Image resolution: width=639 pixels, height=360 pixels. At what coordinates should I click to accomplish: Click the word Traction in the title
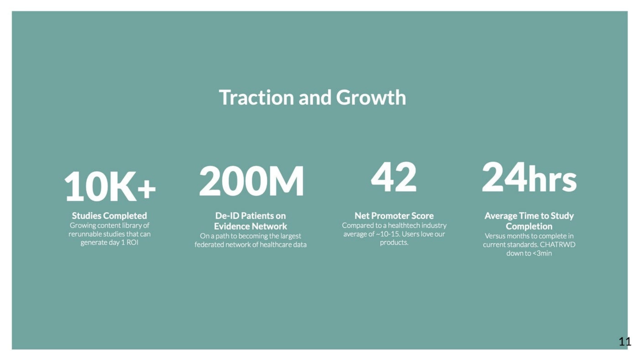coord(256,97)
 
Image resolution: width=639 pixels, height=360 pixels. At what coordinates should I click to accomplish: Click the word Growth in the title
coord(371,97)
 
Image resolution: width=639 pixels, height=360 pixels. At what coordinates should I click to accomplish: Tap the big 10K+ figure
coord(110,187)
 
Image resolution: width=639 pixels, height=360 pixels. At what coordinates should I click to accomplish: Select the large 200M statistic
coord(251,181)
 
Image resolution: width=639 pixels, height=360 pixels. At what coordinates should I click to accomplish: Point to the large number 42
coord(394,177)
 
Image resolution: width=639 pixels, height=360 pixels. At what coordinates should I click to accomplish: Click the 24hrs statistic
coord(529,177)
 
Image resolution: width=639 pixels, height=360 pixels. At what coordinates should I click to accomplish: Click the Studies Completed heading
coord(109,215)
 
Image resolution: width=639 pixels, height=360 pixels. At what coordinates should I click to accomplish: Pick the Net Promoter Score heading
coord(394,215)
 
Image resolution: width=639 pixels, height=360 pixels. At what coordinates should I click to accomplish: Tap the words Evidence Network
coord(250,226)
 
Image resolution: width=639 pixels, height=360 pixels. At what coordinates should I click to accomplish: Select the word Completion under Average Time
coord(529,226)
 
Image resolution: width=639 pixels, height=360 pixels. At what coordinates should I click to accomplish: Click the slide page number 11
coord(625,341)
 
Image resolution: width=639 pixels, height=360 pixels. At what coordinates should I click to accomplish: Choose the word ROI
coord(132,243)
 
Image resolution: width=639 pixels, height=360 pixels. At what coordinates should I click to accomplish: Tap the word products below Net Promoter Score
coord(394,243)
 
